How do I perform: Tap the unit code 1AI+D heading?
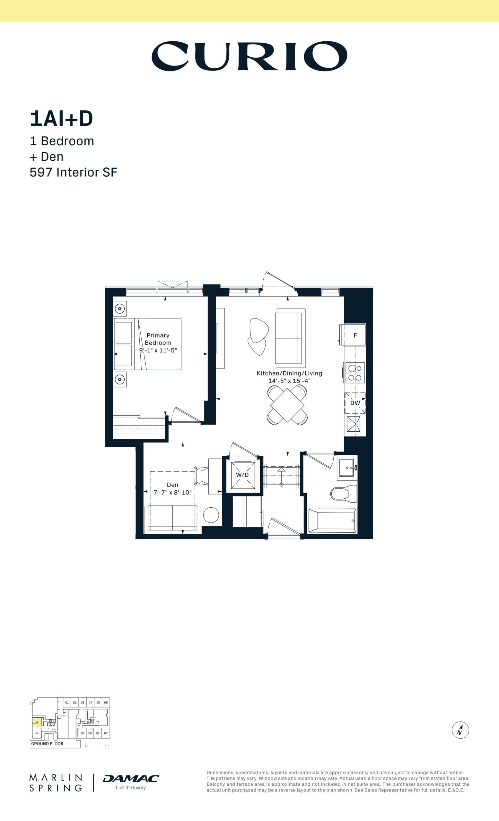click(x=61, y=119)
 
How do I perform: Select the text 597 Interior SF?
click(x=74, y=172)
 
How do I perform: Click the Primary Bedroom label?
click(x=158, y=339)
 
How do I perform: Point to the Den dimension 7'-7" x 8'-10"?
click(x=172, y=492)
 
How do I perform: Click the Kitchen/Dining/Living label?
click(x=289, y=373)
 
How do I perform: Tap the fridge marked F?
click(x=355, y=335)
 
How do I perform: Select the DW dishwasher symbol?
click(x=355, y=403)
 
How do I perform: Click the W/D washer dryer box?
click(x=242, y=475)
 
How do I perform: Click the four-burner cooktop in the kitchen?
click(x=355, y=373)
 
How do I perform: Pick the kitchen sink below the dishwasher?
click(x=353, y=424)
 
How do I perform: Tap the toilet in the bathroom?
click(x=344, y=494)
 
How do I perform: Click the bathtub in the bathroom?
click(x=332, y=521)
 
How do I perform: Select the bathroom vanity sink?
click(x=347, y=468)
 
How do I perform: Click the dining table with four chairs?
click(x=287, y=405)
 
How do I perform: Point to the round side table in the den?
click(x=211, y=515)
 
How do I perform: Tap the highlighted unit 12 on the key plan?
click(x=37, y=722)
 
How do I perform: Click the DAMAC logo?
click(x=131, y=778)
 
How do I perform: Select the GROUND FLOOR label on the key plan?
click(x=47, y=743)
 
